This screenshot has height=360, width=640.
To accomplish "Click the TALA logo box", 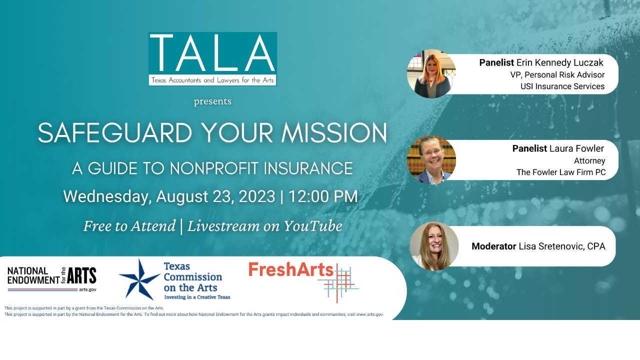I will pyautogui.click(x=212, y=59).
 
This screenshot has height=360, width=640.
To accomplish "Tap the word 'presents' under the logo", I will pyautogui.click(x=212, y=101).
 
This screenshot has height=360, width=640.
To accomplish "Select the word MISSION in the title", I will pyautogui.click(x=334, y=133).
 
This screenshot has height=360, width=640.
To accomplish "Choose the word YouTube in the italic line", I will pyautogui.click(x=312, y=226).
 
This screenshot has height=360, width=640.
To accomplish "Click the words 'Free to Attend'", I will pyautogui.click(x=129, y=226).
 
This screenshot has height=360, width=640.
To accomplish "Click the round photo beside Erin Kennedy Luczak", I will pyautogui.click(x=431, y=73).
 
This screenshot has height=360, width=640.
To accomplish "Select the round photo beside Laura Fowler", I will pyautogui.click(x=431, y=160).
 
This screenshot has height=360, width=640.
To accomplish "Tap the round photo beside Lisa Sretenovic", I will pyautogui.click(x=434, y=246).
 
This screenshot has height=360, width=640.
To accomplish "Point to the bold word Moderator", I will pyautogui.click(x=493, y=246).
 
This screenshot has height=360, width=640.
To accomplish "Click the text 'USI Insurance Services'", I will pyautogui.click(x=562, y=86).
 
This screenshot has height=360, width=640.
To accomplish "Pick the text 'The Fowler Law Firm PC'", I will pyautogui.click(x=560, y=172).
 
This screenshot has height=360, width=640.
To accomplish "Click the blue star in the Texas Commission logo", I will pyautogui.click(x=139, y=279).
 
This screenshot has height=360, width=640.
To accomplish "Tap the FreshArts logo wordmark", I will pyautogui.click(x=290, y=270).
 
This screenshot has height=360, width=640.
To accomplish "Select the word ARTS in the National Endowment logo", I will pyautogui.click(x=81, y=275).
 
